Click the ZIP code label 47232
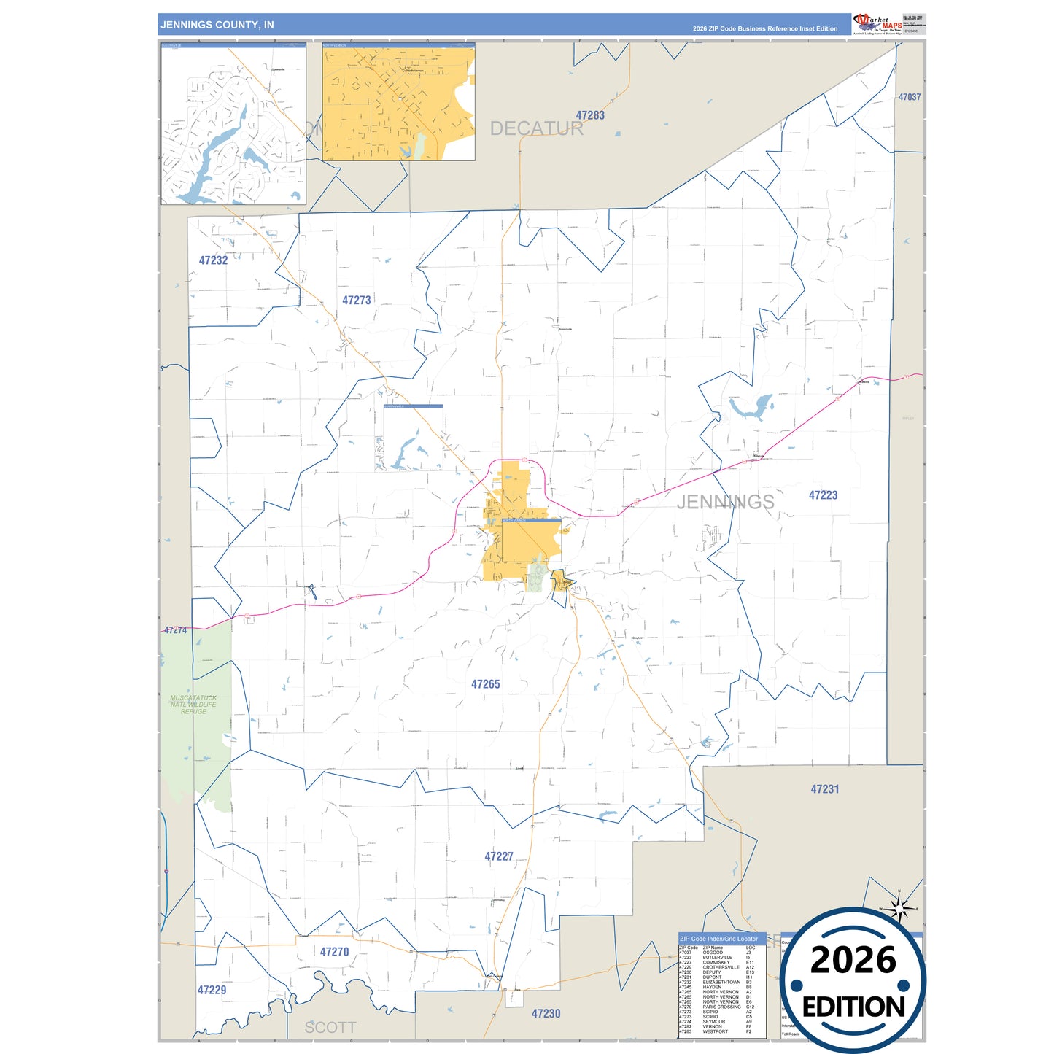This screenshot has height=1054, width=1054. pyautogui.click(x=213, y=260)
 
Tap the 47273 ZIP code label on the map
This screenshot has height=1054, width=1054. pyautogui.click(x=357, y=301)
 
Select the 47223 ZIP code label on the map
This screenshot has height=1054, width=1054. pyautogui.click(x=823, y=495)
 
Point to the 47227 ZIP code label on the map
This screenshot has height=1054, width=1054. pyautogui.click(x=499, y=856)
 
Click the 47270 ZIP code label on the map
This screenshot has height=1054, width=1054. pyautogui.click(x=334, y=952)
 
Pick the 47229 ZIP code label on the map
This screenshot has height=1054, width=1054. pyautogui.click(x=212, y=990)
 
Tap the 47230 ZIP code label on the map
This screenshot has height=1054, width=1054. pyautogui.click(x=546, y=1014)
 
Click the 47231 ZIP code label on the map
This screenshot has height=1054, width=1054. pyautogui.click(x=825, y=789)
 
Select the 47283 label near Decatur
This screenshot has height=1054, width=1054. pyautogui.click(x=590, y=115)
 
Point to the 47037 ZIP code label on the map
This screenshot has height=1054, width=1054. pyautogui.click(x=909, y=97)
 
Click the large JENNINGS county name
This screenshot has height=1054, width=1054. pyautogui.click(x=725, y=502)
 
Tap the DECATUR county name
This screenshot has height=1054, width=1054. pyautogui.click(x=536, y=129)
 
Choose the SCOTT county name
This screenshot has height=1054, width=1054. pyautogui.click(x=330, y=1028)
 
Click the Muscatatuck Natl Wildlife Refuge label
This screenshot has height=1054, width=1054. pyautogui.click(x=193, y=705)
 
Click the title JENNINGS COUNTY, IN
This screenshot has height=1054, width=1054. pyautogui.click(x=217, y=25)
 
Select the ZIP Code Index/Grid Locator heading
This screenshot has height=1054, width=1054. pyautogui.click(x=718, y=939)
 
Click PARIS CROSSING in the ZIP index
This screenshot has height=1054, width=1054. pyautogui.click(x=721, y=1007)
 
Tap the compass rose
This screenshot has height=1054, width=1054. pyautogui.click(x=899, y=909)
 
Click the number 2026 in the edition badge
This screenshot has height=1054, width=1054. pyautogui.click(x=853, y=961)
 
